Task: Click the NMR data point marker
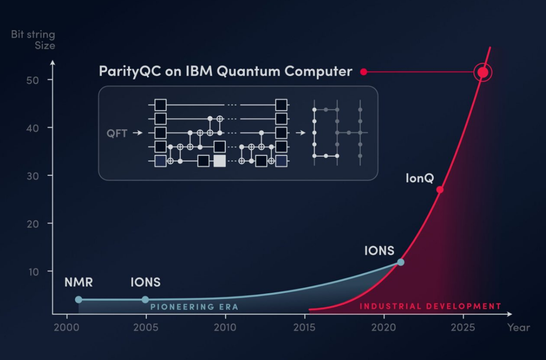coord(79,299)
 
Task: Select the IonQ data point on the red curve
coord(440,189)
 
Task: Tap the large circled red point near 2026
coord(483,72)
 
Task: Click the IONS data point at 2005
coord(145,299)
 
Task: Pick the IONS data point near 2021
coord(400,262)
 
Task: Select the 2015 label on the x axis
coord(305,328)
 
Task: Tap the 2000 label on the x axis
coord(67,328)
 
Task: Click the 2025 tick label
coord(463,328)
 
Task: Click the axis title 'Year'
coord(518,328)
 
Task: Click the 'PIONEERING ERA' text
coord(194,307)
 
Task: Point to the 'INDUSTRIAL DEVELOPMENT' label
coord(430,306)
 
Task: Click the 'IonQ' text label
coord(419,178)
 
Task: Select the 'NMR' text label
coord(79,282)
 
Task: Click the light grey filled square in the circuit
coord(219,161)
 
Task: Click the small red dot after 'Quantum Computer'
coord(364,72)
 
